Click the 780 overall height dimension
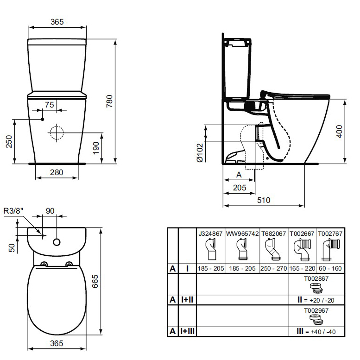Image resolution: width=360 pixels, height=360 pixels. [x=109, y=101]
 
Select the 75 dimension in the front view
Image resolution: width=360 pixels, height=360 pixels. [x=49, y=105]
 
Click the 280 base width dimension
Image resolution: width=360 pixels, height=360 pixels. [x=56, y=172]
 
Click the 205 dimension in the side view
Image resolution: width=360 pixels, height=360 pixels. [x=239, y=187]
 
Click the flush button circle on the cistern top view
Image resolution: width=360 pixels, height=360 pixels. [x=57, y=242]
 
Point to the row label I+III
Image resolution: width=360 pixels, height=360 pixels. [x=187, y=331]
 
